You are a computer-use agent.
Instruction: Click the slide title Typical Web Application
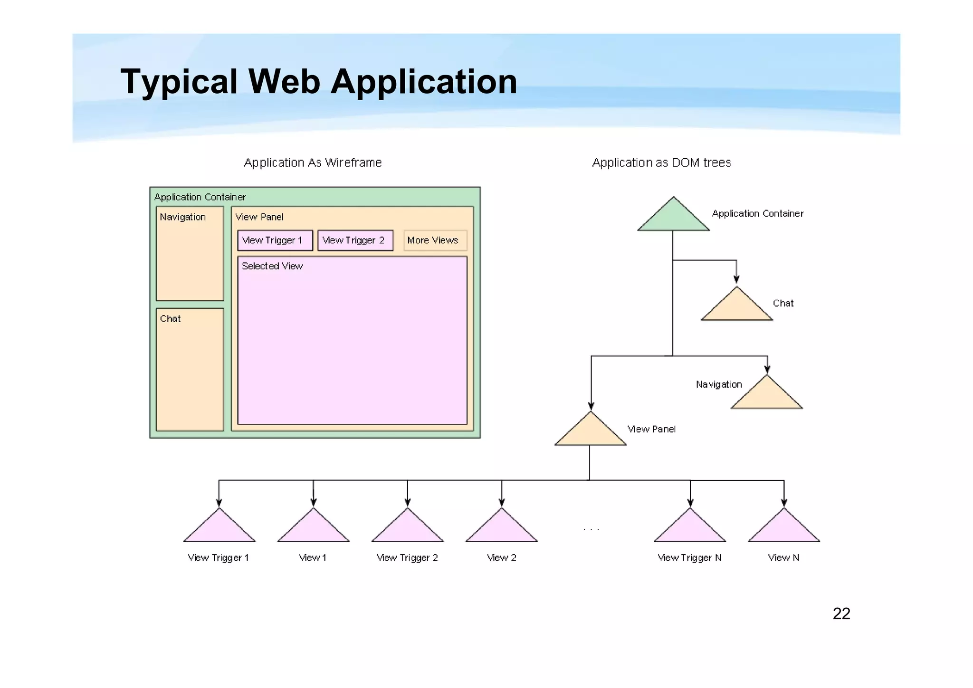pos(319,82)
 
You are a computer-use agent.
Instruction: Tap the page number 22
pos(841,613)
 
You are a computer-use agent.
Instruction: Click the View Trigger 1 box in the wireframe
pos(275,240)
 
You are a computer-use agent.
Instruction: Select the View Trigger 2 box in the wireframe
pos(355,240)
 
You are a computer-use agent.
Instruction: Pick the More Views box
pos(435,240)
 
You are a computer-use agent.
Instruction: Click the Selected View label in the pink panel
pos(272,266)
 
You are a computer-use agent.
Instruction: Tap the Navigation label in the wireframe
pos(182,217)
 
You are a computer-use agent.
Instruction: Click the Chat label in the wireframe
pos(170,319)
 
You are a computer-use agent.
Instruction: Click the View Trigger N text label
pos(689,558)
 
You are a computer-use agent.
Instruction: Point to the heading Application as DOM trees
pos(661,162)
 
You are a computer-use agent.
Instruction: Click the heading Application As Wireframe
pos(313,162)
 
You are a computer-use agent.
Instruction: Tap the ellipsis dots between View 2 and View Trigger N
pos(591,529)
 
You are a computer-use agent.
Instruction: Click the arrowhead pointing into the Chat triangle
pos(736,279)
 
